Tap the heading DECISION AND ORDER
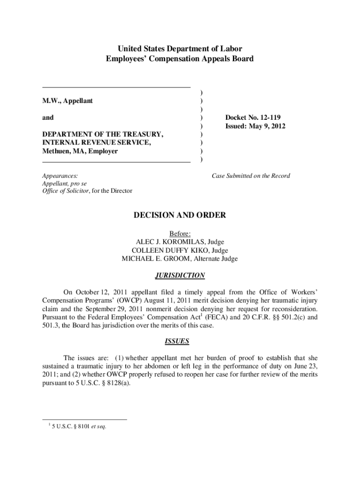pyautogui.click(x=180, y=215)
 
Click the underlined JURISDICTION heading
pyautogui.click(x=180, y=276)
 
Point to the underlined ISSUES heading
pyautogui.click(x=180, y=341)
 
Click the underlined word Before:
pyautogui.click(x=180, y=233)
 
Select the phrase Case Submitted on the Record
pyautogui.click(x=251, y=176)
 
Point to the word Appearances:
pyautogui.click(x=60, y=176)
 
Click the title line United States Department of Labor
pyautogui.click(x=180, y=49)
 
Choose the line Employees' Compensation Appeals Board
pyautogui.click(x=180, y=59)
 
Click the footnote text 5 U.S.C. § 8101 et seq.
pyautogui.click(x=79, y=426)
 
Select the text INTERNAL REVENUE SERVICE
pyautogui.click(x=97, y=143)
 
